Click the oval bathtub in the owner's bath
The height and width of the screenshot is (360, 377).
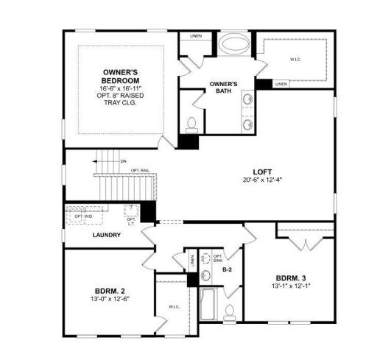[x=236, y=43]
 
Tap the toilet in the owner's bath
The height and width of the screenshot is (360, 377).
[x=191, y=124]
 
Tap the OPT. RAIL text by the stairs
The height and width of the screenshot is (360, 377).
[x=140, y=170]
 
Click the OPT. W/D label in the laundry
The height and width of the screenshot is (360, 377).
[x=82, y=216]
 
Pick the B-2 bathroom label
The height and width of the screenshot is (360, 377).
[x=228, y=270]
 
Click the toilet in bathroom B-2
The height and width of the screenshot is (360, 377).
[x=230, y=311]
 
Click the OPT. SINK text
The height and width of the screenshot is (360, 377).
[x=219, y=258]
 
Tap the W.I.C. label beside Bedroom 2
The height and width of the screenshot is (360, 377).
[x=174, y=306]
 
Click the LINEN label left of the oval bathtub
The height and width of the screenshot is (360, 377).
[x=196, y=35]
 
